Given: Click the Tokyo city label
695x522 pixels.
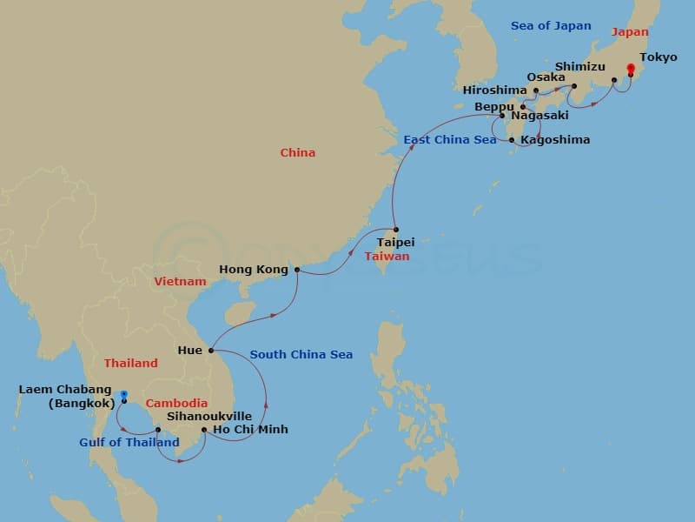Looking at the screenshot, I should pyautogui.click(x=658, y=57).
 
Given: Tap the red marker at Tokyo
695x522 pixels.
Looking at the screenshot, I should pyautogui.click(x=630, y=68).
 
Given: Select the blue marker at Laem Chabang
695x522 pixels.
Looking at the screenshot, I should pyautogui.click(x=124, y=394).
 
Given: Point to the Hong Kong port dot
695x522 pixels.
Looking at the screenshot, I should pyautogui.click(x=297, y=270).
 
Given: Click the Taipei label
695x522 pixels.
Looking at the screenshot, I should pyautogui.click(x=395, y=242).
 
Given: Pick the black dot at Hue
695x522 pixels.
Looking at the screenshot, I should pyautogui.click(x=211, y=351).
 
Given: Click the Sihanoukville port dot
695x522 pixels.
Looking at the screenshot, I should pyautogui.click(x=157, y=429).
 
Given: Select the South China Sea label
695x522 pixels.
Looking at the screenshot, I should pyautogui.click(x=301, y=355).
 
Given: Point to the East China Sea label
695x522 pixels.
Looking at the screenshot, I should pyautogui.click(x=450, y=140).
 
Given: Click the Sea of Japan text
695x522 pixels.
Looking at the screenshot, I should pyautogui.click(x=551, y=26).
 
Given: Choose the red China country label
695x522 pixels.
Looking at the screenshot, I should pyautogui.click(x=297, y=153).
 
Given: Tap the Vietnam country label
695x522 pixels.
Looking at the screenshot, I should pyautogui.click(x=180, y=282).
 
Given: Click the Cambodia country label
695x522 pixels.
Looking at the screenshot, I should pyautogui.click(x=176, y=404).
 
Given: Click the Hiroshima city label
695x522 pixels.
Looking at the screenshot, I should pyautogui.click(x=494, y=90).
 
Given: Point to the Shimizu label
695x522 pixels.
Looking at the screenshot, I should pyautogui.click(x=579, y=66).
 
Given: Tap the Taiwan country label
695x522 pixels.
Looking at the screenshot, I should pyautogui.click(x=387, y=257).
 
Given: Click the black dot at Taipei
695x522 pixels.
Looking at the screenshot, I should pyautogui.click(x=396, y=230).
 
